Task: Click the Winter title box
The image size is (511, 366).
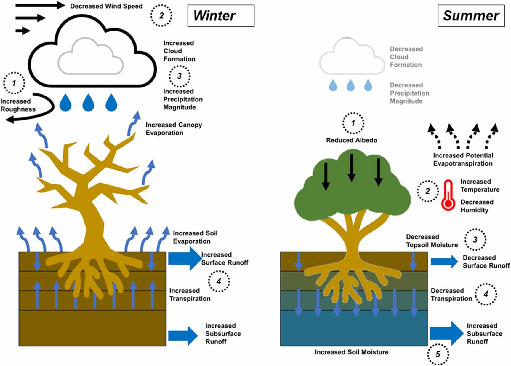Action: coord(221,16)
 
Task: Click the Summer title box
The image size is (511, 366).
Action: coord(471,16)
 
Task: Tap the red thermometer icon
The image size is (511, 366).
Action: coord(448,196)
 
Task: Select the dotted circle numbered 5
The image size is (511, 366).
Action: coord(438,354)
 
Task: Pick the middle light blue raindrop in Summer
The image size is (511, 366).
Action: coord(350,85)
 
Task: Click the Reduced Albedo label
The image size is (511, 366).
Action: coord(352,140)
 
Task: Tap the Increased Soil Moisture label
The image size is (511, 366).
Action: coord(351,352)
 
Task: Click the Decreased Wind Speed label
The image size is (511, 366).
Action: coord(106,6)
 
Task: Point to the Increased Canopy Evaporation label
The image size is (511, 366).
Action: coord(173,129)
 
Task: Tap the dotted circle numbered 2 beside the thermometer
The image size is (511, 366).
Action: coord(427,191)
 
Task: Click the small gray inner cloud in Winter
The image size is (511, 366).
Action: coord(90,58)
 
